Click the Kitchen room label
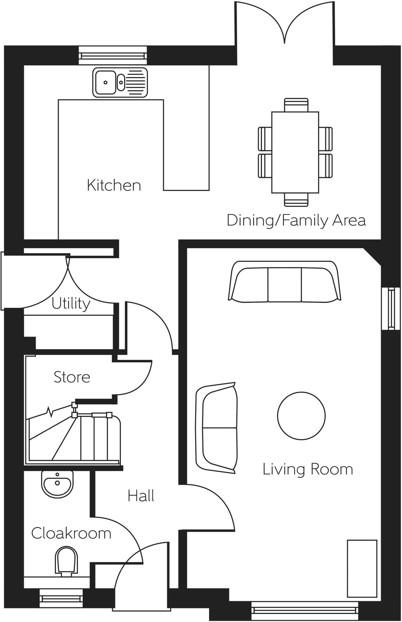(x=114, y=185)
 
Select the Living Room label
(x=307, y=469)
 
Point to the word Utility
(x=71, y=303)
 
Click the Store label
(x=72, y=377)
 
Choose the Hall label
(x=141, y=496)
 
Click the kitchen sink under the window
(x=120, y=83)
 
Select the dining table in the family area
(x=295, y=152)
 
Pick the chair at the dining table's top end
(x=296, y=104)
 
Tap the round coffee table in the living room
(x=301, y=415)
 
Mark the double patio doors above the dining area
(x=284, y=24)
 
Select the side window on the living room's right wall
(x=390, y=308)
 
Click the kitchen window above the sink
(x=113, y=55)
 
